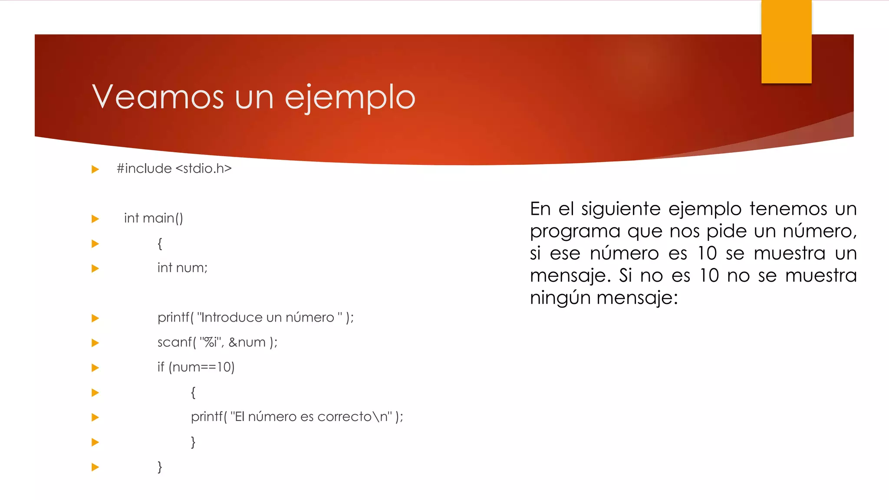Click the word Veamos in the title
[158, 97]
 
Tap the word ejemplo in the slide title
[350, 98]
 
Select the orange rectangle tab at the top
[786, 41]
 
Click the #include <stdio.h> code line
[174, 168]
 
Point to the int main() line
[153, 218]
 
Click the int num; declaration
[182, 268]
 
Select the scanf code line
[217, 342]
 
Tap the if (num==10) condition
[196, 367]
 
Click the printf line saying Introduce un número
[255, 318]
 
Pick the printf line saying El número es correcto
[297, 417]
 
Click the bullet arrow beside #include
[95, 169]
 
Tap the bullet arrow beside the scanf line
[95, 343]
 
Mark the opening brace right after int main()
[160, 243]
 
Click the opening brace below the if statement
[193, 392]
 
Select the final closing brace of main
[160, 467]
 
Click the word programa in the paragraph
[575, 231]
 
